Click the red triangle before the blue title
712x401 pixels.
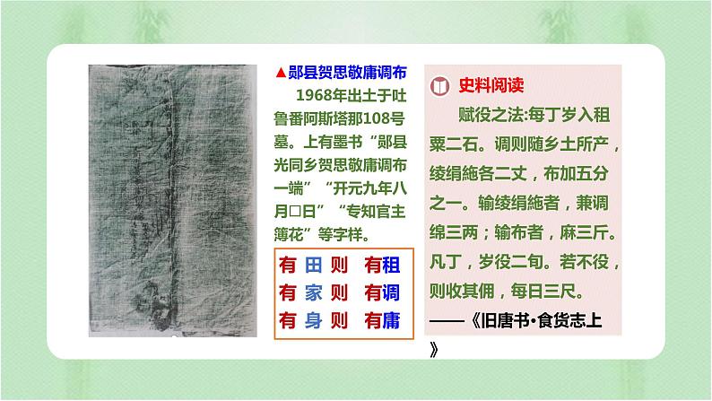[x=281, y=73]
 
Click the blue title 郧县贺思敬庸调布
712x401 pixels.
[x=347, y=72]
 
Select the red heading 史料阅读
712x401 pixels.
[x=491, y=85]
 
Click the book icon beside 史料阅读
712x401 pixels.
[x=439, y=85]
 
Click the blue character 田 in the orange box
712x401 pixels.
[x=313, y=266]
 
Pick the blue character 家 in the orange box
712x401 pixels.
[x=313, y=293]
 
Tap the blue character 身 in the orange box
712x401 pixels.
[x=313, y=320]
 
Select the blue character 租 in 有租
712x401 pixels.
[x=391, y=266]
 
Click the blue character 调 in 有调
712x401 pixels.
[x=391, y=293]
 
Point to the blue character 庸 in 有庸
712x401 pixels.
[x=391, y=320]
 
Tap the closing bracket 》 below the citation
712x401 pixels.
[x=434, y=350]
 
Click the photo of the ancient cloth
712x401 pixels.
[x=172, y=200]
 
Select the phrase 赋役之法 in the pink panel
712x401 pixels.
[x=491, y=115]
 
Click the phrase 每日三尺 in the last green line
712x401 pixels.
[x=543, y=291]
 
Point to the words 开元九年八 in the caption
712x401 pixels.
[x=370, y=188]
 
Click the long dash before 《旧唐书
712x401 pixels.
[x=447, y=321]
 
